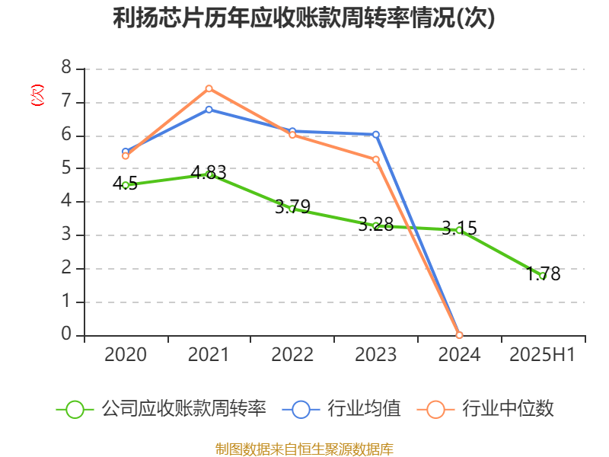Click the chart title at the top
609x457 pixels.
[304, 18]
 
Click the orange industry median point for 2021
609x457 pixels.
[209, 88]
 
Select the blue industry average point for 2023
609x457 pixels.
[376, 135]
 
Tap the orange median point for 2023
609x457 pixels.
[376, 159]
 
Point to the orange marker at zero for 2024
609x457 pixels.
[459, 335]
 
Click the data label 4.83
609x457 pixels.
[209, 172]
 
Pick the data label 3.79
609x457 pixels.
[292, 206]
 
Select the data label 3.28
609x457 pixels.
[376, 224]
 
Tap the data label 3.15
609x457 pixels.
[459, 228]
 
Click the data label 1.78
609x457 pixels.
[543, 274]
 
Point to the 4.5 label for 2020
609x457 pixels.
[125, 183]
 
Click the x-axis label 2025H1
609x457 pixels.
[543, 355]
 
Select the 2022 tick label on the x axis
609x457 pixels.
[292, 355]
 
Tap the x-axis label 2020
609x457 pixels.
[125, 355]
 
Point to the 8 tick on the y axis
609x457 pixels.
[66, 69]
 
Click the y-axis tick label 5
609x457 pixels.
[66, 168]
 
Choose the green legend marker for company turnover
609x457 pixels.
[75, 409]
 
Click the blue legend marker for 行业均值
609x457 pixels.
[301, 409]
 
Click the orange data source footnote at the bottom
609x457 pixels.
[304, 449]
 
